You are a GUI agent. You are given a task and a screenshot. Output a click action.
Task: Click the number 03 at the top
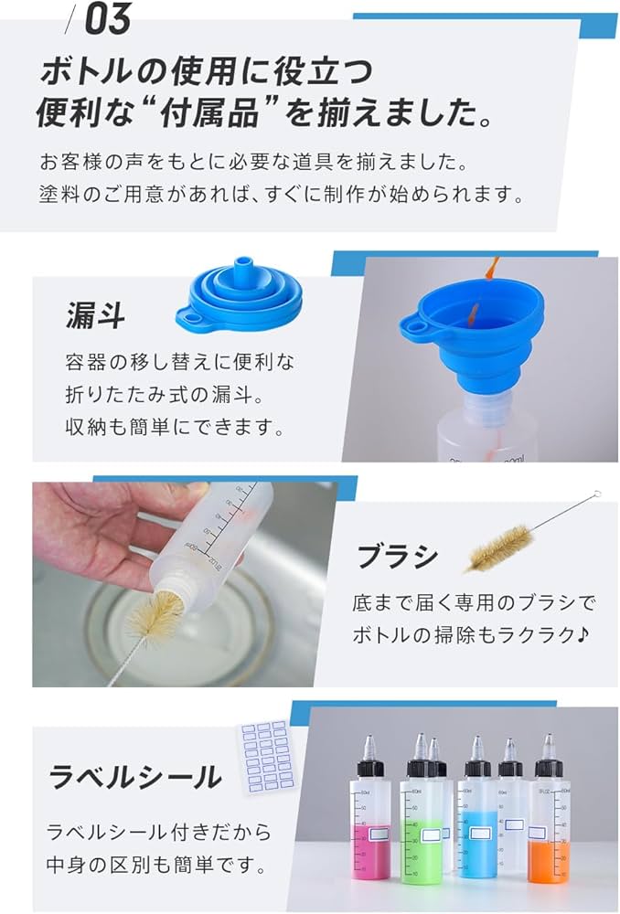point(107,20)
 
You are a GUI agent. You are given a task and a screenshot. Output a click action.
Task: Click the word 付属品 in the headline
point(198,113)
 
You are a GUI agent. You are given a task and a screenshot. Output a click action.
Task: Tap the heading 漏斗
point(95,315)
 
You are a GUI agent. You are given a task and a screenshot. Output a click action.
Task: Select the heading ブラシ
point(397,556)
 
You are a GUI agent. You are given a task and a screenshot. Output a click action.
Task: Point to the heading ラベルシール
point(134,777)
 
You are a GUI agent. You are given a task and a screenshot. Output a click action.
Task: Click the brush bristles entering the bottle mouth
point(157,614)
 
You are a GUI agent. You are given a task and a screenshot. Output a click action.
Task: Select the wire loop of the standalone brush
point(595,495)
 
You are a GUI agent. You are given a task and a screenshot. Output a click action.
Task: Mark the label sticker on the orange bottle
point(538,834)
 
